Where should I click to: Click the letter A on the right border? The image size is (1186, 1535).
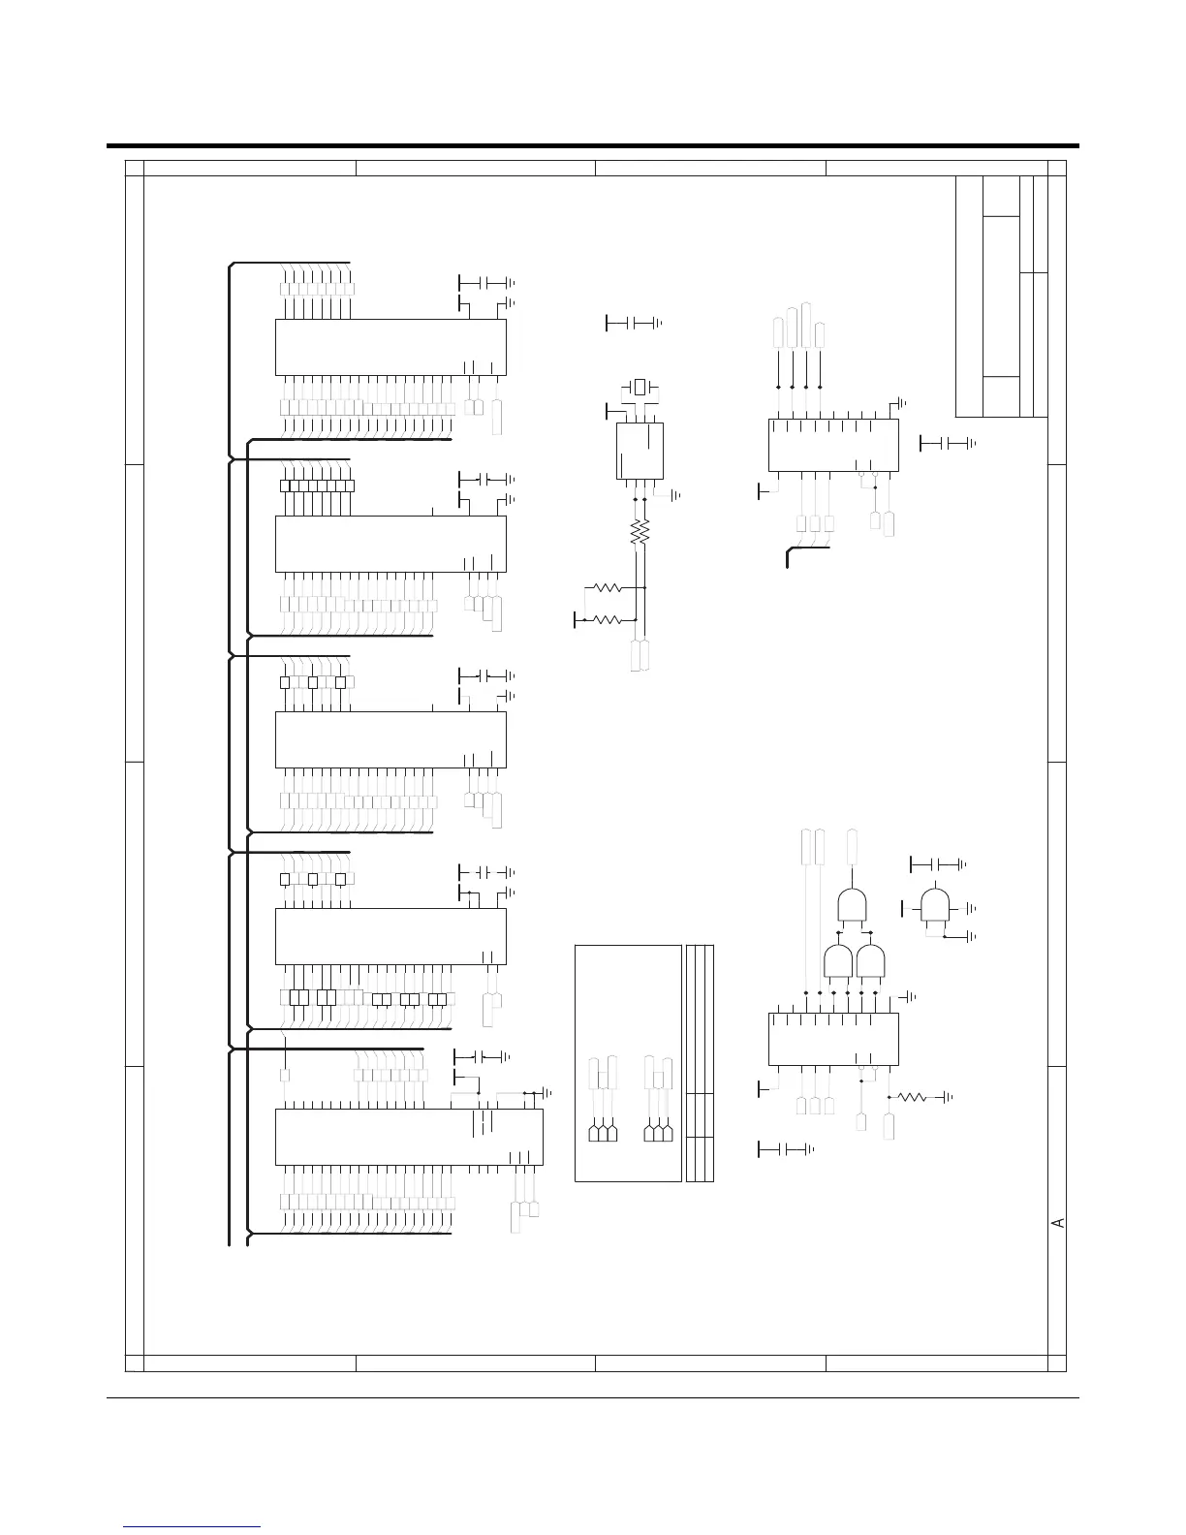point(1059,1222)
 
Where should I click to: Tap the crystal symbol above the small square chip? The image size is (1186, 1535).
point(639,388)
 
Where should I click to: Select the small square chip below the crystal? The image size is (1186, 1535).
point(640,450)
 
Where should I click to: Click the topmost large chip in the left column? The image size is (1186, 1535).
point(390,347)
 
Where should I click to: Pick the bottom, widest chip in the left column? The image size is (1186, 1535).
point(409,1137)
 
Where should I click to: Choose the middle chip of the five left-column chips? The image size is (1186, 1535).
point(390,739)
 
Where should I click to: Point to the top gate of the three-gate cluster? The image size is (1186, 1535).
point(851,904)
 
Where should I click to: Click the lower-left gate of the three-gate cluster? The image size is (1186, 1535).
point(837,961)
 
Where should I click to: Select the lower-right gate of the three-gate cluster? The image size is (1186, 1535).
point(871,961)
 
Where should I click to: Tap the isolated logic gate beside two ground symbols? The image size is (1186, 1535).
point(935,905)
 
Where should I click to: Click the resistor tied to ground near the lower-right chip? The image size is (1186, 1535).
point(913,1097)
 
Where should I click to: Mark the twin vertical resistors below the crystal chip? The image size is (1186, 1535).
point(639,532)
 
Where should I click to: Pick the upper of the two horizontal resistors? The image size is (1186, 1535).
point(607,587)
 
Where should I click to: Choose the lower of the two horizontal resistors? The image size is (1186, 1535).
point(607,619)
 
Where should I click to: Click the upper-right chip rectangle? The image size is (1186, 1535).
point(832,445)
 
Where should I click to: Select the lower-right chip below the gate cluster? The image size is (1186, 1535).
point(832,1038)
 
